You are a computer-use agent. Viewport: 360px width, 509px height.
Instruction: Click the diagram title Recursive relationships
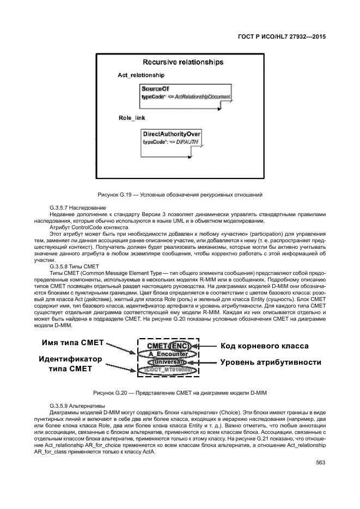(182, 62)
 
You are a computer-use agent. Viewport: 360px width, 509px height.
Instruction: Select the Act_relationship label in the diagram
(141, 75)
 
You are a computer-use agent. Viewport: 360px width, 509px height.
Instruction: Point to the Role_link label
(132, 118)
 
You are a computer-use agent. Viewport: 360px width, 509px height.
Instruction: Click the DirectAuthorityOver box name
(172, 133)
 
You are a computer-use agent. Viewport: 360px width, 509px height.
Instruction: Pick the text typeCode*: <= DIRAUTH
(170, 142)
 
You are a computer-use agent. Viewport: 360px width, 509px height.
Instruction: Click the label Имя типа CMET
(72, 344)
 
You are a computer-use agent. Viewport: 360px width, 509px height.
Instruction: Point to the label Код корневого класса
(264, 346)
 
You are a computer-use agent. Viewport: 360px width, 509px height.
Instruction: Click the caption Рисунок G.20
(180, 393)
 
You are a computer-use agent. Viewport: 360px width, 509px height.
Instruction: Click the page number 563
(320, 463)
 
